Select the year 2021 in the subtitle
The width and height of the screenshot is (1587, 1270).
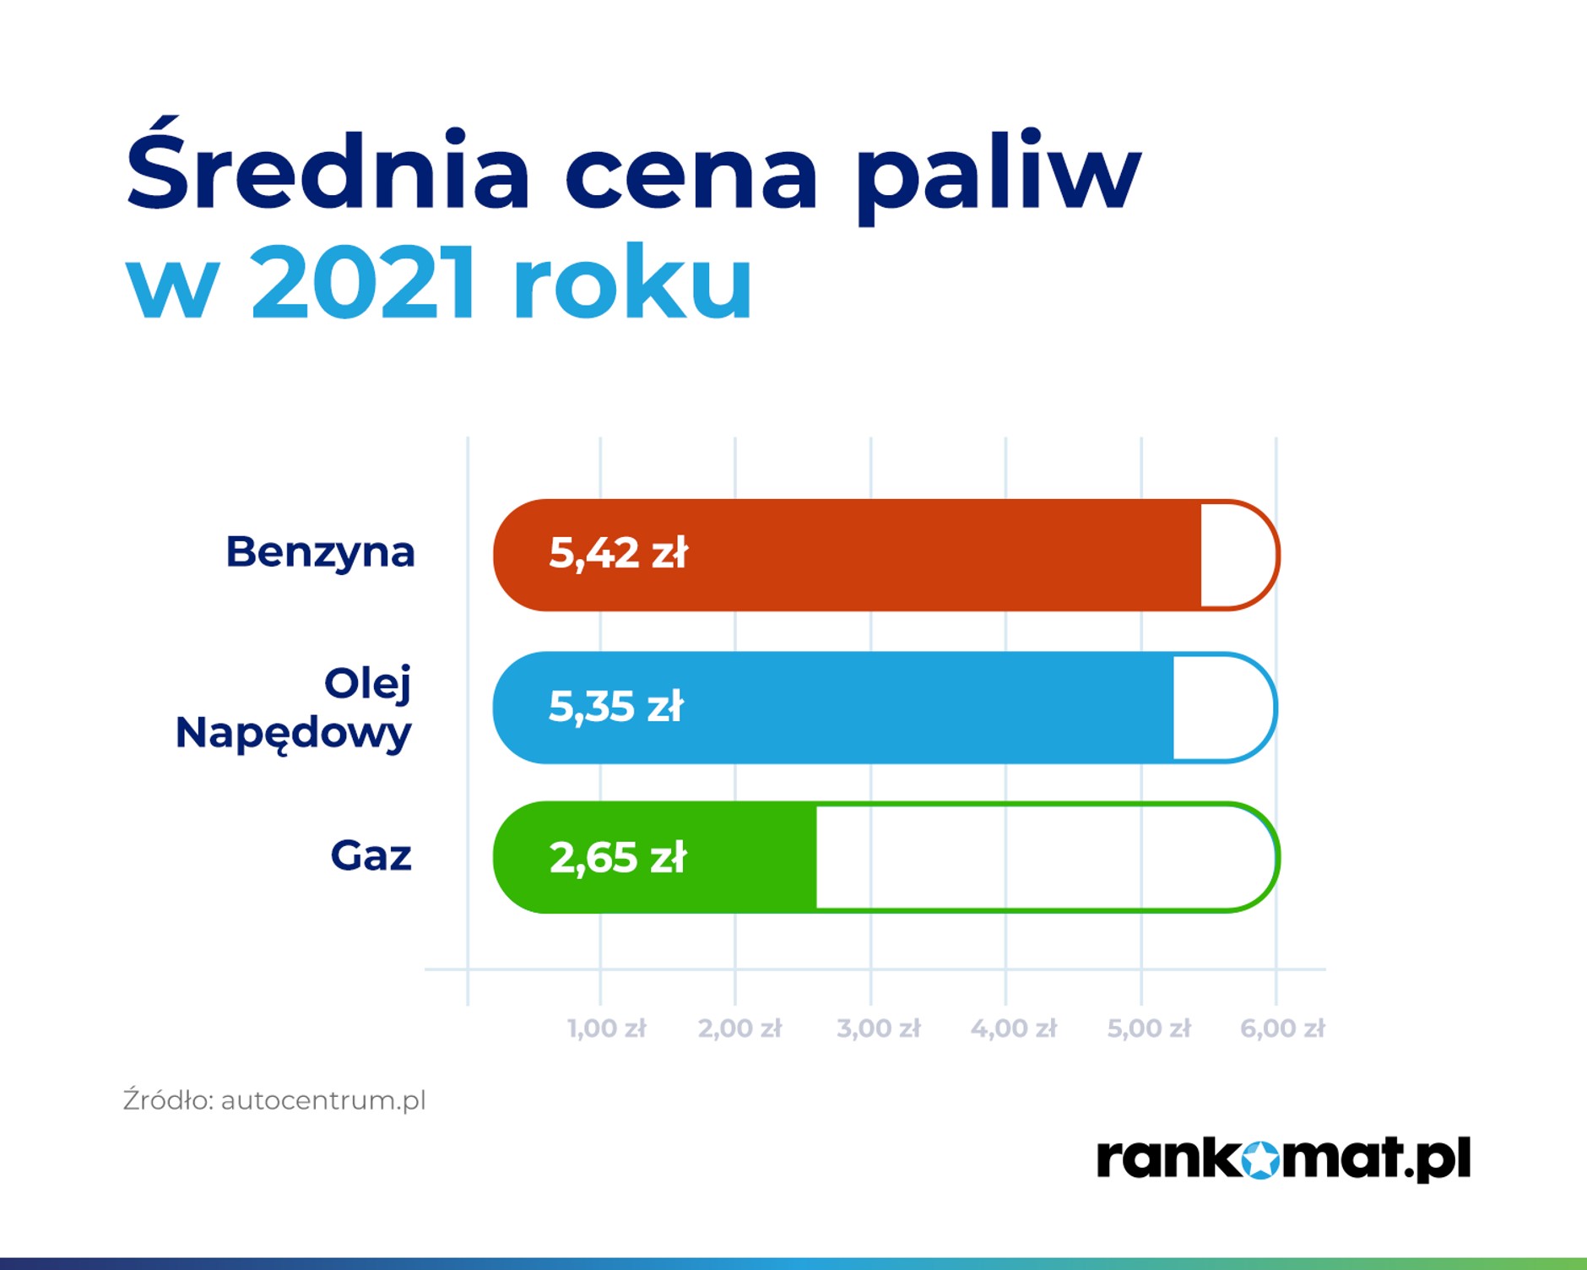pyautogui.click(x=363, y=281)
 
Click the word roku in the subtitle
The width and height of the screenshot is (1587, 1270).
pyautogui.click(x=632, y=281)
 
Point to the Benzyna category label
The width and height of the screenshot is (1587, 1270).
pyautogui.click(x=320, y=552)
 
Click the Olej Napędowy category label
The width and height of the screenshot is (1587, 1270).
pyautogui.click(x=293, y=708)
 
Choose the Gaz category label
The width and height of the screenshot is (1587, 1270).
pyautogui.click(x=371, y=855)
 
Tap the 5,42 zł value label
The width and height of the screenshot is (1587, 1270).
pyautogui.click(x=618, y=553)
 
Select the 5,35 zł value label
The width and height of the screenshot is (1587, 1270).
pyautogui.click(x=615, y=706)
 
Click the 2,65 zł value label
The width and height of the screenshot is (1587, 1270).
pyautogui.click(x=618, y=857)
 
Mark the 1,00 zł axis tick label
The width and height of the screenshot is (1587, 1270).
pyautogui.click(x=606, y=1028)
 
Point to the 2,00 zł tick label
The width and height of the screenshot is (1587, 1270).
pyautogui.click(x=739, y=1028)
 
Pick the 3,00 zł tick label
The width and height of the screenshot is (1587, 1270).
pyautogui.click(x=878, y=1028)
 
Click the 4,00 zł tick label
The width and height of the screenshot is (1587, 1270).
pyautogui.click(x=1013, y=1028)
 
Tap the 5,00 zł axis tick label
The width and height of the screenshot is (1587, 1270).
pyautogui.click(x=1149, y=1028)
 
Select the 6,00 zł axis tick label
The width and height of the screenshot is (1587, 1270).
pyautogui.click(x=1282, y=1028)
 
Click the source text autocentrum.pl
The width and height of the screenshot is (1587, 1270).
pyautogui.click(x=323, y=1100)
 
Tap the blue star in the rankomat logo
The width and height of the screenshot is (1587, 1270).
pyautogui.click(x=1261, y=1159)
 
